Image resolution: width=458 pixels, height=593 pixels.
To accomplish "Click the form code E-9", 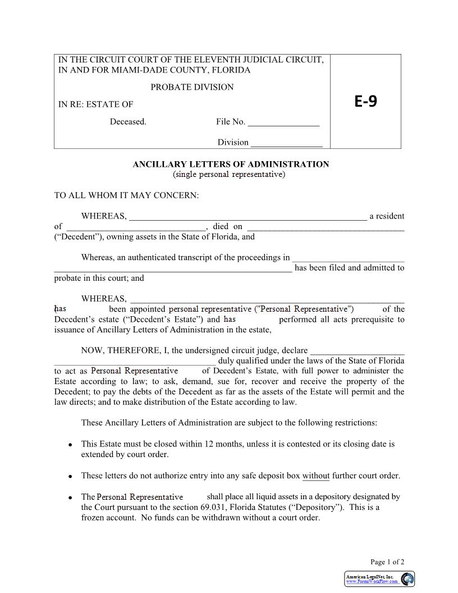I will tap(365, 101).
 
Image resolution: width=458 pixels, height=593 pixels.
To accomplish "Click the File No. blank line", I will tap(283, 122).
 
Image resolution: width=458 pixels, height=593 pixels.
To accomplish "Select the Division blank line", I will tap(286, 143).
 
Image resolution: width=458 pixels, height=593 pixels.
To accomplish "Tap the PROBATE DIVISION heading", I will tap(192, 87).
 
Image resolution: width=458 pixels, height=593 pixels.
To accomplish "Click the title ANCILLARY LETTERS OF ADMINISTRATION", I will tap(231, 165).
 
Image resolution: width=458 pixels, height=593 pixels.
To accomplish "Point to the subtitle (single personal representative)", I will tap(229, 175).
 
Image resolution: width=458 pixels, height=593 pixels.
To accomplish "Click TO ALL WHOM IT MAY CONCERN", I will tap(126, 195).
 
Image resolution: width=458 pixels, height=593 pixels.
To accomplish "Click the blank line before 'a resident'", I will tap(248, 217).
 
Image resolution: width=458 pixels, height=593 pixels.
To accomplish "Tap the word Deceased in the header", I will tap(128, 122).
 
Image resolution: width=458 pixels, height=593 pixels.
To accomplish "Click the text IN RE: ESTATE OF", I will tap(96, 104).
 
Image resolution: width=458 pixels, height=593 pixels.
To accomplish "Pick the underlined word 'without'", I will tap(316, 476).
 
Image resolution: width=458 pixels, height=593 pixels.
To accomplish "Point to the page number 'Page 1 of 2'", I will tap(387, 562).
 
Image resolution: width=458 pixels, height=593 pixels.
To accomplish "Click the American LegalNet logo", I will tap(379, 579).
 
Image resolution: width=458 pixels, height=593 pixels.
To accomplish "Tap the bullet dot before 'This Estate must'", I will tap(70, 445).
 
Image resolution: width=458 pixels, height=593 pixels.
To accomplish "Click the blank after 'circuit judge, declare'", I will tap(357, 351).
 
